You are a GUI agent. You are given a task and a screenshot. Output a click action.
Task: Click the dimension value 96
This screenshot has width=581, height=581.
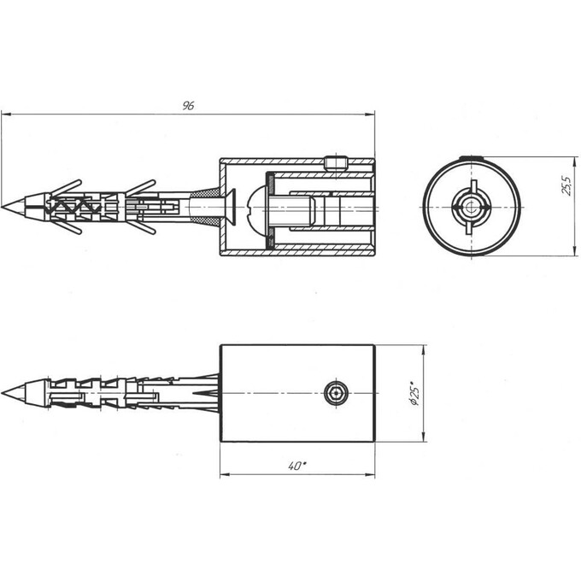pyautogui.click(x=188, y=106)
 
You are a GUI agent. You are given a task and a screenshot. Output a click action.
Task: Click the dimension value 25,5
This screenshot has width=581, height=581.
pyautogui.click(x=567, y=185)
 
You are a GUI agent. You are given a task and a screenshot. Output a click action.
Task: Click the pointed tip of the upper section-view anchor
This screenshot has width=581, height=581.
pyautogui.click(x=2, y=207)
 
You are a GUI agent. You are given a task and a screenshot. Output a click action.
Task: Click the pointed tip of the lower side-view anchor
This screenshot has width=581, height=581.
pyautogui.click(x=2, y=393)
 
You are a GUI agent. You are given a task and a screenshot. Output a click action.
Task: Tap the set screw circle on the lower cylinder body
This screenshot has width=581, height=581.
pyautogui.click(x=336, y=393)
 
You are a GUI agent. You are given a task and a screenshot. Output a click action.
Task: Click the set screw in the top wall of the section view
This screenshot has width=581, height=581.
pyautogui.click(x=336, y=163)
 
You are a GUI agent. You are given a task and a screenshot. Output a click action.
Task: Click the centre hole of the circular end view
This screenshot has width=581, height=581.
pyautogui.click(x=472, y=207)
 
